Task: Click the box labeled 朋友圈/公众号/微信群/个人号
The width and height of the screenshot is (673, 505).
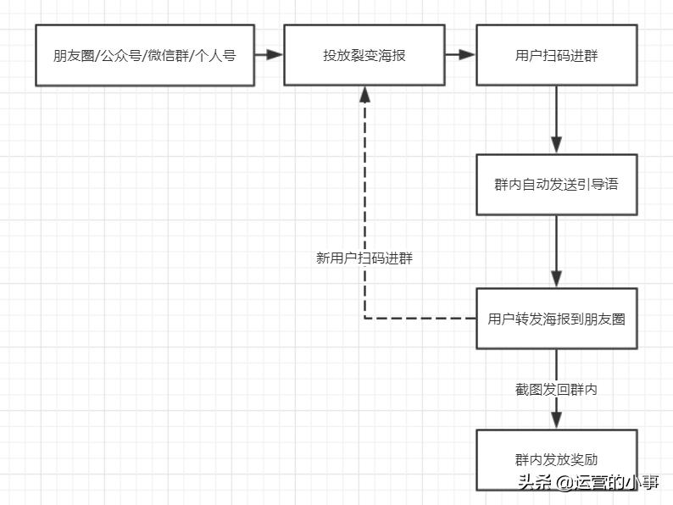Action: click(x=145, y=55)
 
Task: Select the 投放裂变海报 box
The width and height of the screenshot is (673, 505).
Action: click(x=364, y=55)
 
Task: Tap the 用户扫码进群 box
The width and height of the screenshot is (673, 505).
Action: click(x=556, y=55)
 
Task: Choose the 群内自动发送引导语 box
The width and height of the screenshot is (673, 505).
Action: click(x=556, y=184)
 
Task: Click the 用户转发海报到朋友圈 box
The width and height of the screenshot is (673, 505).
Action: click(x=556, y=319)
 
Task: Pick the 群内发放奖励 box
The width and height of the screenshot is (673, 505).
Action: click(x=556, y=458)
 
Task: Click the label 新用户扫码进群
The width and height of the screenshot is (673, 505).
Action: click(x=364, y=258)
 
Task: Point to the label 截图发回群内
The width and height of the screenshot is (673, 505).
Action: click(x=556, y=390)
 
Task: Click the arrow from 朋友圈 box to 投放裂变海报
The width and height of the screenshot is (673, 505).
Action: click(x=269, y=55)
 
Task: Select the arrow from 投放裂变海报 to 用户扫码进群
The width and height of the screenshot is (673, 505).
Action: click(x=461, y=55)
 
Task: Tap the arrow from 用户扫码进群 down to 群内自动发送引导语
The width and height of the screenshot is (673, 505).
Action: click(x=556, y=119)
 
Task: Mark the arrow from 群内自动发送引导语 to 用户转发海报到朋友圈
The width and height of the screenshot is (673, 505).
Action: click(x=556, y=251)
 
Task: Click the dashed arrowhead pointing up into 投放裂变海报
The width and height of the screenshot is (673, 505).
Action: click(x=364, y=95)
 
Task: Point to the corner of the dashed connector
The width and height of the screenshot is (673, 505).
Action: click(x=364, y=319)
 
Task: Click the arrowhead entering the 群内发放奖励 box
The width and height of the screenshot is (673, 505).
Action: click(x=556, y=420)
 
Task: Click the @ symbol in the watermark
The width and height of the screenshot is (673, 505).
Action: click(x=564, y=484)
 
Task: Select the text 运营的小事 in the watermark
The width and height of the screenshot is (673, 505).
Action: click(x=617, y=483)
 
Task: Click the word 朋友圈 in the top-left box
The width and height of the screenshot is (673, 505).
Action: click(x=75, y=56)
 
